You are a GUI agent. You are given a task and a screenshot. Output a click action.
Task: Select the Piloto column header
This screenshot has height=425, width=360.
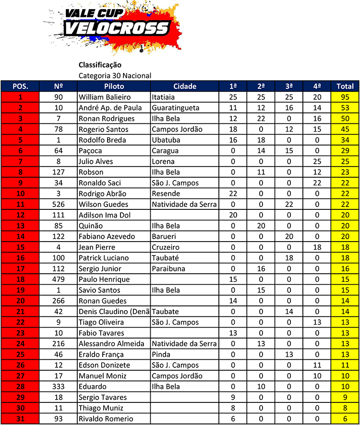114,86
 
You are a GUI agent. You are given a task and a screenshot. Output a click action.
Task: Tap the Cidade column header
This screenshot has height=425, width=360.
184,86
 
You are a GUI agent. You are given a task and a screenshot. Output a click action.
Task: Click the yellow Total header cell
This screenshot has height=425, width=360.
345,86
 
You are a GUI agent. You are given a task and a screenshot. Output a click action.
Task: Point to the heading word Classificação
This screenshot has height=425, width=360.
100,65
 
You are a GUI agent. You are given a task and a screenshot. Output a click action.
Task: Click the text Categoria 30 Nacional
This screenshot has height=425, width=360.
115,75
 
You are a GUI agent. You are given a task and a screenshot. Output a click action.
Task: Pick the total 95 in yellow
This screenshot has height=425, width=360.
345,97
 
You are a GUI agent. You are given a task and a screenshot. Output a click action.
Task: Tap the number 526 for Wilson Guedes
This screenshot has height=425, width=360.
59,204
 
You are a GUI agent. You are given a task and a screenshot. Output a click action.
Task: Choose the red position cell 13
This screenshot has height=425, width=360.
20,226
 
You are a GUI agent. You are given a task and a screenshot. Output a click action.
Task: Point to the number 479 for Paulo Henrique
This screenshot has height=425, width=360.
59,279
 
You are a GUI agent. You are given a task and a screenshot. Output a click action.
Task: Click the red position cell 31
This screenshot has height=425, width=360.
20,419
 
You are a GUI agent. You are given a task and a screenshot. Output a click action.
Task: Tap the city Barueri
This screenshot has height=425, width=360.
164,236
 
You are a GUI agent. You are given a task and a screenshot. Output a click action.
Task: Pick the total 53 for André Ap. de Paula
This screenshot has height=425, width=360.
345,108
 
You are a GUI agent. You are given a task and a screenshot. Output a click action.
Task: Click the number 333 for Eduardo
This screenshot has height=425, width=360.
59,387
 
